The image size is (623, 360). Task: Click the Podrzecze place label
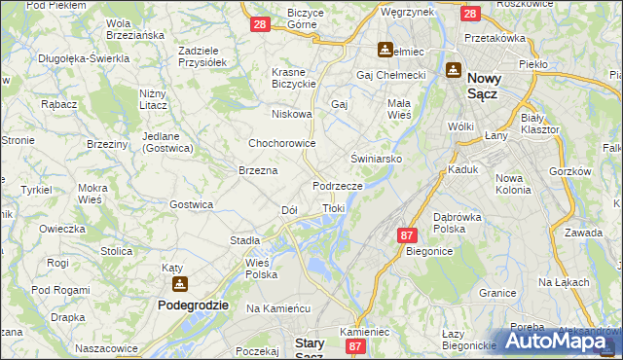(x=338, y=185)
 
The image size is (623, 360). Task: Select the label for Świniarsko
(x=377, y=157)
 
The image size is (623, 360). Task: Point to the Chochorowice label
(x=282, y=143)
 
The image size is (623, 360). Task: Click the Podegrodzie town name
(x=193, y=305)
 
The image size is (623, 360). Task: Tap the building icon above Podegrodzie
(x=180, y=284)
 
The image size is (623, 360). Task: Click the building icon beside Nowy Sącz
(x=454, y=69)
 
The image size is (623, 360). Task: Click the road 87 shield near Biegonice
(x=407, y=235)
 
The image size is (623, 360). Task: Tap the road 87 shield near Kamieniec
(x=356, y=346)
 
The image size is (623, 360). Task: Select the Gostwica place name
(x=191, y=204)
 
